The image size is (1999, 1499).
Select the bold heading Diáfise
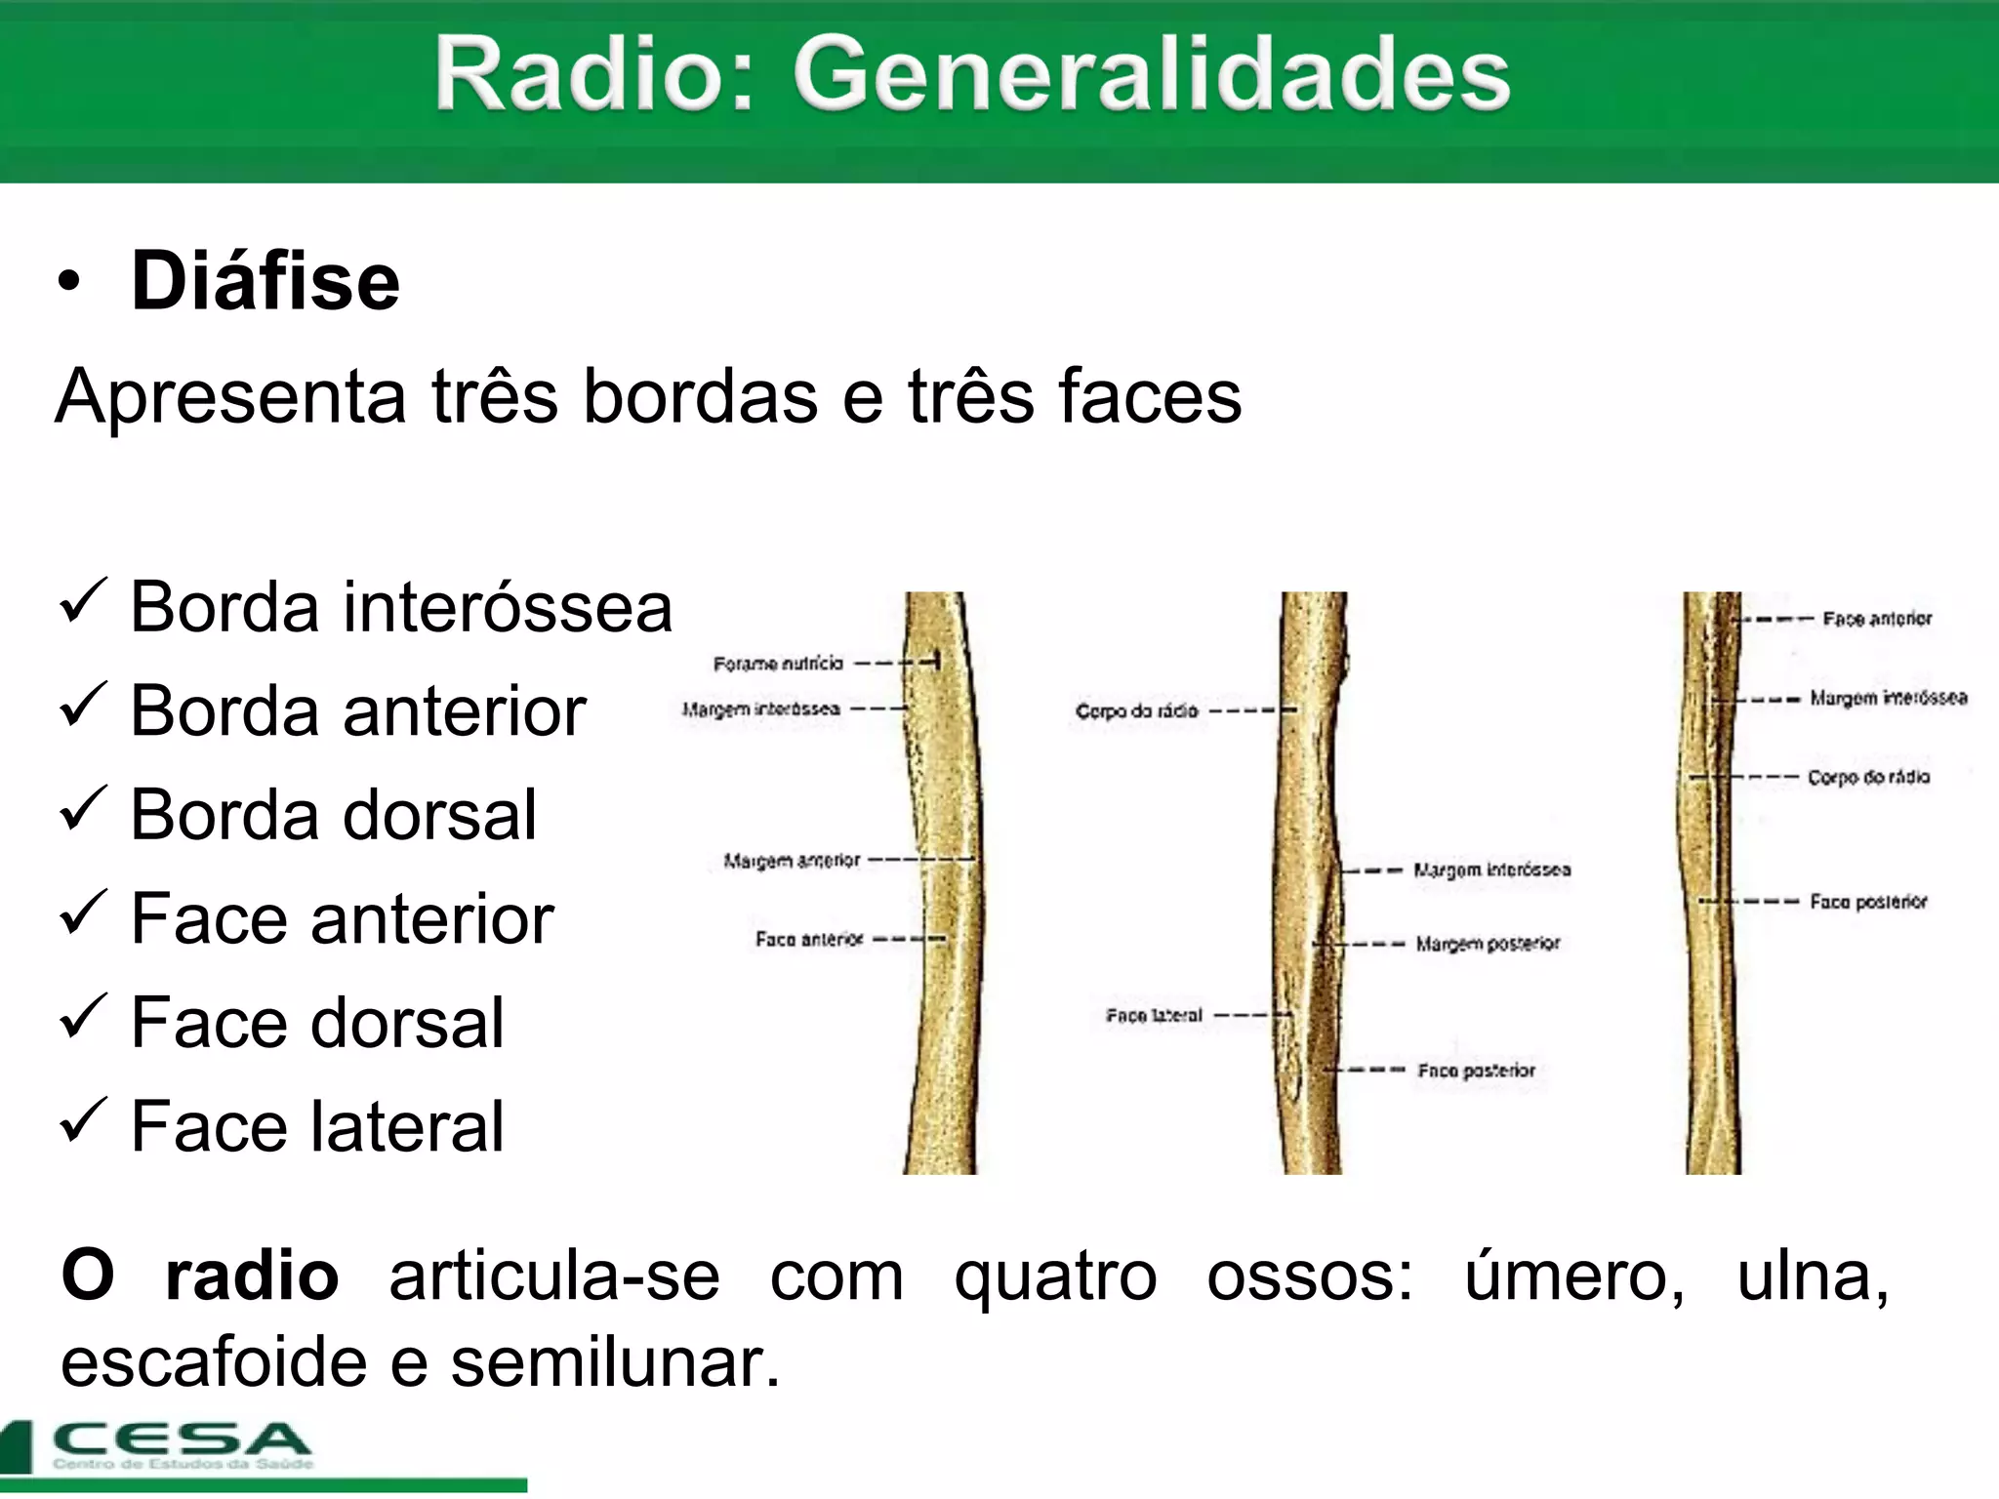tap(265, 281)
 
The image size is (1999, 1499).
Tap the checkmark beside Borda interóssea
tap(83, 601)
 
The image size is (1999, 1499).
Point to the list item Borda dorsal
tap(333, 815)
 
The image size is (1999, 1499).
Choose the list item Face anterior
tap(342, 919)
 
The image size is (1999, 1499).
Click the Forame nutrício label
tap(778, 664)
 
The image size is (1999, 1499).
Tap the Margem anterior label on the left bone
tap(792, 861)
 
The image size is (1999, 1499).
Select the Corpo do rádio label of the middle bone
tap(1136, 711)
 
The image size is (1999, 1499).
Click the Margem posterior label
tap(1488, 944)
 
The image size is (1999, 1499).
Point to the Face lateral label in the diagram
tap(1154, 1016)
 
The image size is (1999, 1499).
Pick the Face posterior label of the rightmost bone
tap(1868, 902)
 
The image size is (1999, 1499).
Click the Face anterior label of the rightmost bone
tap(1877, 619)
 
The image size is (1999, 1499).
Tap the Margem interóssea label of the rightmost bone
tap(1889, 698)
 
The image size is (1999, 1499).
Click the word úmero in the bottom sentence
tap(1573, 1276)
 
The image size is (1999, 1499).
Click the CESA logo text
tap(182, 1439)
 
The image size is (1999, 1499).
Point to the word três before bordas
tap(495, 396)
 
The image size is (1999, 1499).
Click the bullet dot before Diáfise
tap(69, 282)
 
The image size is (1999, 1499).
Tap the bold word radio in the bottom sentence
tap(252, 1276)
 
